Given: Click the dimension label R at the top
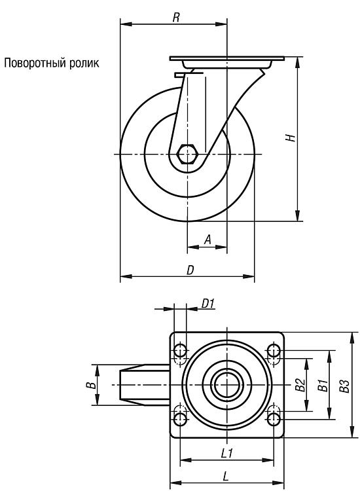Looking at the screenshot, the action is (x=176, y=18).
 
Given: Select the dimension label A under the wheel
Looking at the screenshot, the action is (x=207, y=240).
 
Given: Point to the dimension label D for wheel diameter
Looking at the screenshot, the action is (x=190, y=270).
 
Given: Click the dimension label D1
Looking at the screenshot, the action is (x=208, y=303).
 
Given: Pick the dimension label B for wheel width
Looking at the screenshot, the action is (x=91, y=385).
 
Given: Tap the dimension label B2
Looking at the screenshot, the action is (x=300, y=385).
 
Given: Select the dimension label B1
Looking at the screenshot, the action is (x=323, y=385).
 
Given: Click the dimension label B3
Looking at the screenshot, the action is (x=344, y=386).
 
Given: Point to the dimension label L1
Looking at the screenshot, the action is (x=226, y=453).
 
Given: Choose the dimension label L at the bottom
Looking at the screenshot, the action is (x=226, y=477).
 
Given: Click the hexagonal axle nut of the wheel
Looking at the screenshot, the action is (x=187, y=154).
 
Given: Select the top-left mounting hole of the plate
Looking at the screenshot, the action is (x=180, y=350).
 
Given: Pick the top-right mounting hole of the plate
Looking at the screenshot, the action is (x=274, y=350).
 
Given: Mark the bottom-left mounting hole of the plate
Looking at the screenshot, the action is (x=180, y=419).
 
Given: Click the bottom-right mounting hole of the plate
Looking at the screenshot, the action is (x=274, y=419).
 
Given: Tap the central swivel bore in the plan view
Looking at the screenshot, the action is (x=227, y=385).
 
